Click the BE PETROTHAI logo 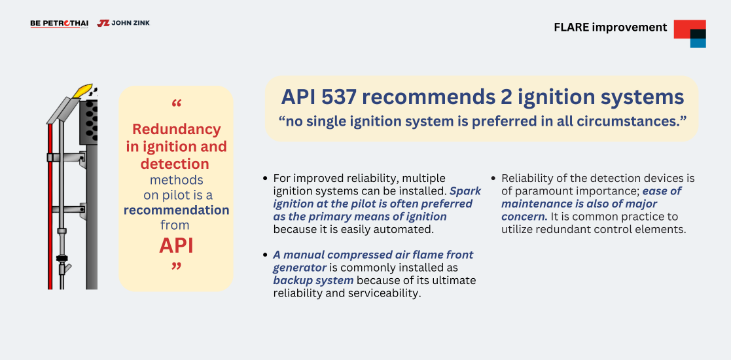pyautogui.click(x=59, y=24)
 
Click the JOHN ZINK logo pyautogui.click(x=124, y=23)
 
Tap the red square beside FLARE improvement pyautogui.click(x=690, y=29)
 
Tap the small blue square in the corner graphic pyautogui.click(x=698, y=43)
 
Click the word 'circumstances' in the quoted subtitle pyautogui.click(x=628, y=121)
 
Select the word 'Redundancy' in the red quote pyautogui.click(x=177, y=129)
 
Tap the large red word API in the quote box pyautogui.click(x=176, y=245)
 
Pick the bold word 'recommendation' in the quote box pyautogui.click(x=176, y=210)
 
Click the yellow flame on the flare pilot pyautogui.click(x=83, y=90)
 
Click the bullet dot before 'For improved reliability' pyautogui.click(x=265, y=179)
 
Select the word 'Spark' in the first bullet pyautogui.click(x=465, y=191)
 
